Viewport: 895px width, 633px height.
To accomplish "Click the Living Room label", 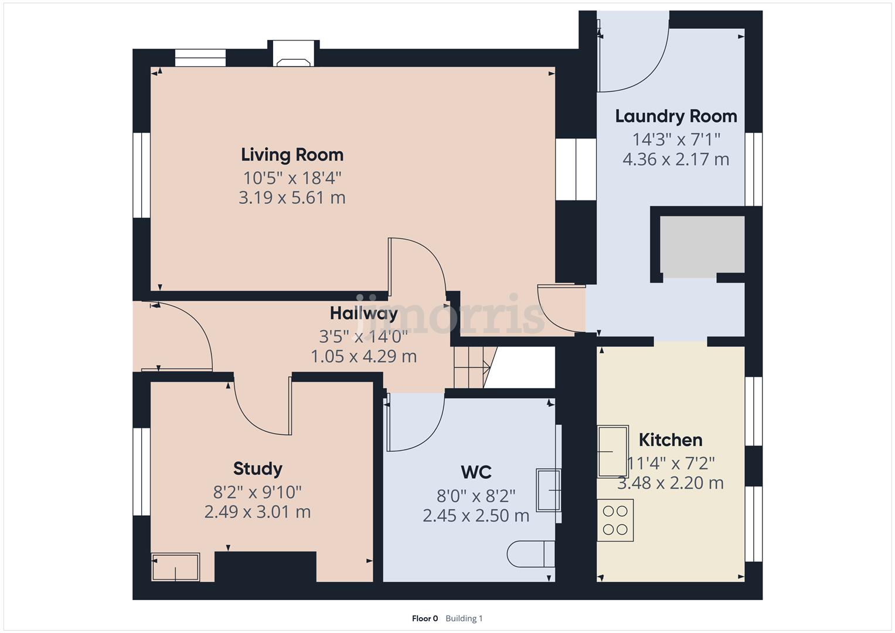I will [292, 155].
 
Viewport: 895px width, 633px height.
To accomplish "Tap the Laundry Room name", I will [676, 116].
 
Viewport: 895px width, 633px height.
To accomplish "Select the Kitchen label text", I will [670, 440].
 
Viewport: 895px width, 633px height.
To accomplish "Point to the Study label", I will [258, 468].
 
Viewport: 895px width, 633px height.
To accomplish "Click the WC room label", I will [476, 472].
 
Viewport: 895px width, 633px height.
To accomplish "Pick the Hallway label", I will [363, 313].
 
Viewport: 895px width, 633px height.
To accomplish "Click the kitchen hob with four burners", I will [615, 520].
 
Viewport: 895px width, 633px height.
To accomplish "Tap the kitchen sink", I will [612, 451].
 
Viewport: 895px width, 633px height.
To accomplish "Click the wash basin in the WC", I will [549, 491].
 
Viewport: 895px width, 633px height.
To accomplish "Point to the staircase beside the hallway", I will [472, 367].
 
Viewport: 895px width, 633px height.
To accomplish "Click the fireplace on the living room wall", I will [294, 57].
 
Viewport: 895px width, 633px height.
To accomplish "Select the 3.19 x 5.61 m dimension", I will [292, 198].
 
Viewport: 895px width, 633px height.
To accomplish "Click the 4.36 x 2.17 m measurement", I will [676, 159].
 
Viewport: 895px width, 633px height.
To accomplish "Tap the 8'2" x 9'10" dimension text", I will [258, 491].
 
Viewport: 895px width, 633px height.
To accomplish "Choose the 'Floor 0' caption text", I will [425, 618].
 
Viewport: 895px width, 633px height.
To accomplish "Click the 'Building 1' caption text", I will [464, 618].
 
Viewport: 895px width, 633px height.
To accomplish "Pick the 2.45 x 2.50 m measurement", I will [476, 516].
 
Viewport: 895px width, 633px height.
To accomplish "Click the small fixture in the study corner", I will [175, 567].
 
